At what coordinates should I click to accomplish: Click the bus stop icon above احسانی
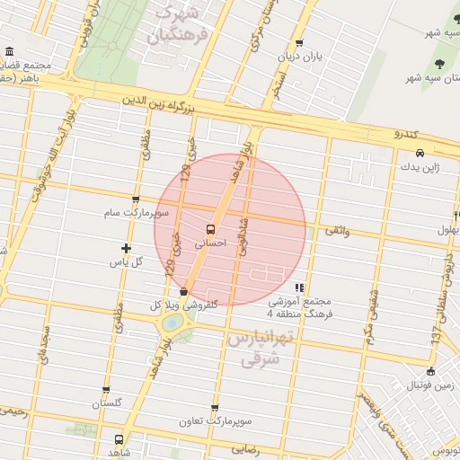tap(210, 228)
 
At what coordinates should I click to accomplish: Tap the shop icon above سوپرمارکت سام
tap(136, 200)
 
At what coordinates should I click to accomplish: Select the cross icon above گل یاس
tap(126, 248)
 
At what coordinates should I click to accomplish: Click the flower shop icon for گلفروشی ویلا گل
tap(184, 291)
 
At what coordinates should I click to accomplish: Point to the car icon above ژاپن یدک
tap(420, 153)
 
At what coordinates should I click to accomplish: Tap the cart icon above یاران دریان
tap(298, 42)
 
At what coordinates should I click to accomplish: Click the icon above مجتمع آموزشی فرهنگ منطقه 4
tap(298, 287)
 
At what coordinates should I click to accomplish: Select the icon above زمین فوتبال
tap(430, 372)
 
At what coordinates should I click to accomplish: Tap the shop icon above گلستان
tap(106, 391)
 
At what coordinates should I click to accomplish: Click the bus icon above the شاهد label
tap(119, 439)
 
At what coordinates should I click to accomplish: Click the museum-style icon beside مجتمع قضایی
tap(9, 51)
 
